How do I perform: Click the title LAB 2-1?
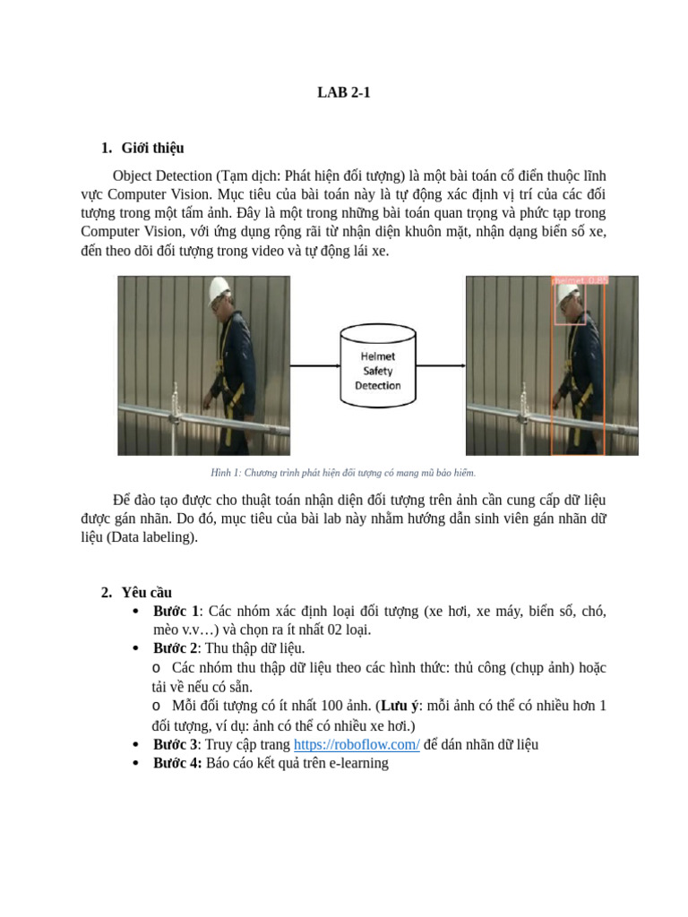(x=343, y=91)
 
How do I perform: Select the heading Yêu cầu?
(x=146, y=592)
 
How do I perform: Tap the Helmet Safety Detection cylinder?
(x=377, y=365)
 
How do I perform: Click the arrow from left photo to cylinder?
(x=314, y=365)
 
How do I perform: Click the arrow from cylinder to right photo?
(x=440, y=365)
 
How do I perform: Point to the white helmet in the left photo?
(x=219, y=289)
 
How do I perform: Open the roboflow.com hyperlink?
(x=357, y=744)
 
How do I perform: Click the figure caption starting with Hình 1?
(x=343, y=472)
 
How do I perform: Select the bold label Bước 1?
(x=176, y=612)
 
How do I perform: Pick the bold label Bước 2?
(x=176, y=648)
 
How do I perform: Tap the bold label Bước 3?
(x=176, y=744)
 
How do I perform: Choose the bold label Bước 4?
(x=177, y=763)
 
